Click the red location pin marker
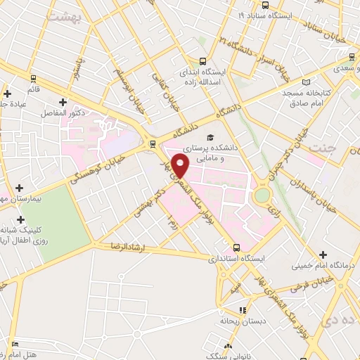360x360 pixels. coord(181,166)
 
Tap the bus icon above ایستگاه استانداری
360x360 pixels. coord(236,247)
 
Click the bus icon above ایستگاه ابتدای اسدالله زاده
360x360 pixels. coord(203,61)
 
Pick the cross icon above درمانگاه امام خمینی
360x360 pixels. coord(323,254)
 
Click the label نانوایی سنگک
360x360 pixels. coord(229,356)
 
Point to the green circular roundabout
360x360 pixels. coord(262,195)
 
